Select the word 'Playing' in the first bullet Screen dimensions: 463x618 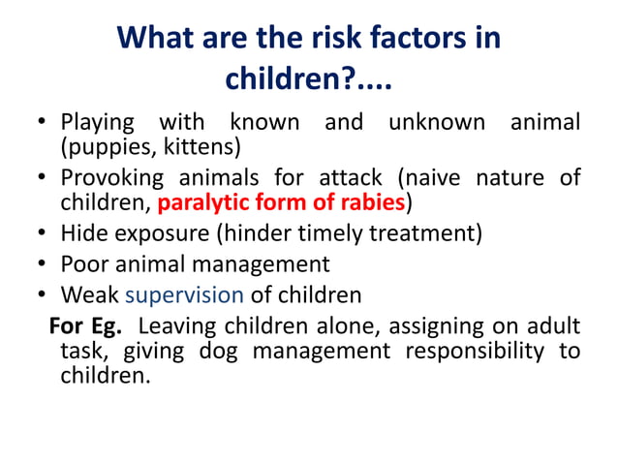pyautogui.click(x=97, y=123)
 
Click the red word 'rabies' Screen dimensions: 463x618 pyautogui.click(x=372, y=203)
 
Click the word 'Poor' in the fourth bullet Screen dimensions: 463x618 pyautogui.click(x=84, y=263)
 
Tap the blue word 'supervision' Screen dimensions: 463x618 pyautogui.click(x=184, y=294)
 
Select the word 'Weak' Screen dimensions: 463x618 pyautogui.click(x=90, y=293)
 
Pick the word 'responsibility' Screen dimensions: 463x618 pyautogui.click(x=474, y=350)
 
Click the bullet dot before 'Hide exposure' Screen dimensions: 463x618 pyautogui.click(x=44, y=234)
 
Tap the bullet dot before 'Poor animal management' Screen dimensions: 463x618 pyautogui.click(x=44, y=264)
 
